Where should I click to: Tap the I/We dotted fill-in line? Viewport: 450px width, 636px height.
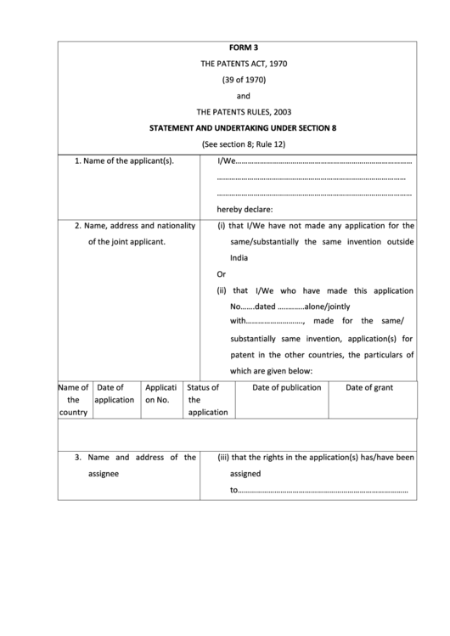pos(323,162)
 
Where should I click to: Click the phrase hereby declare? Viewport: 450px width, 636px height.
pos(245,210)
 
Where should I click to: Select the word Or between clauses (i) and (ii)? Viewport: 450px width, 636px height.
pos(222,274)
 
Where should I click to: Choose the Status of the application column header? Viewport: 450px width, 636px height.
pos(206,399)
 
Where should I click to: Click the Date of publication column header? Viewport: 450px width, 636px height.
pos(287,387)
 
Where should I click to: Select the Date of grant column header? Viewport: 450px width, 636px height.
pos(368,387)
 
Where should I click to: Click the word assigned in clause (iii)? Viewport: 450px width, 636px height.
pos(245,474)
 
